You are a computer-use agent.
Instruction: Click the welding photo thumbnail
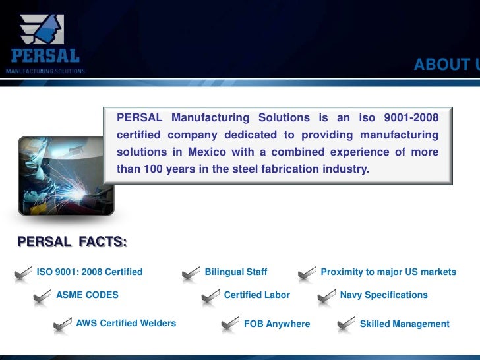pos(66,176)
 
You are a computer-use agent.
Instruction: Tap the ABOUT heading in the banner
pos(443,65)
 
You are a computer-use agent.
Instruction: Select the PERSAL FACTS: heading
pos(73,242)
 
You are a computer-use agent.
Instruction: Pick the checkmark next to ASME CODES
pos(44,296)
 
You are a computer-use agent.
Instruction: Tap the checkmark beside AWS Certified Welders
pos(63,324)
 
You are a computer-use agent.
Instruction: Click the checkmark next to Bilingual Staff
pos(192,273)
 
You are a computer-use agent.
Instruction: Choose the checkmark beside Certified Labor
pos(211,296)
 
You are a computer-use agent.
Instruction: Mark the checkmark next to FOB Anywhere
pos(231,324)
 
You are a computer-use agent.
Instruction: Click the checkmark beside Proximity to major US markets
pos(308,273)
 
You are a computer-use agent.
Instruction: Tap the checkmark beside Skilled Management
pos(347,324)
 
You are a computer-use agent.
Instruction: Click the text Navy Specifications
pos(384,295)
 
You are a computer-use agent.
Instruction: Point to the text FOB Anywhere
pos(277,324)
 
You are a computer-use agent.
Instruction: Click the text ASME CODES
pos(88,295)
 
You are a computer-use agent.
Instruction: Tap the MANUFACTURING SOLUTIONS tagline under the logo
pos(45,71)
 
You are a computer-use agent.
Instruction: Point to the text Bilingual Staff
pos(236,272)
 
